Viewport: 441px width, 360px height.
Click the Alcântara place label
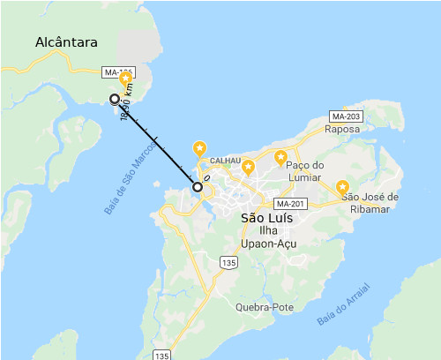pos(66,42)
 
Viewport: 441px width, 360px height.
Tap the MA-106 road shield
pos(119,72)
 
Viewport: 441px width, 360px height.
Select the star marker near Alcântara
pos(126,82)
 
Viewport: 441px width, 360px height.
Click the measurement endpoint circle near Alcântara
pos(114,99)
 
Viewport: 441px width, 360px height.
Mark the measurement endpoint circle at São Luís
pos(198,187)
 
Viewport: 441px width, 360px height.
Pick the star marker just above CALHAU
pos(200,148)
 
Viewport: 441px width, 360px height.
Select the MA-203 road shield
pos(346,116)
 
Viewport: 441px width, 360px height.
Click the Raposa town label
pos(341,129)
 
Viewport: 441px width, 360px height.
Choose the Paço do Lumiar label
pos(307,171)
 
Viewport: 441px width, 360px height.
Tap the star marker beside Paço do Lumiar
pos(280,159)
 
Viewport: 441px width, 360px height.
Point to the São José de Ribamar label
pos(370,202)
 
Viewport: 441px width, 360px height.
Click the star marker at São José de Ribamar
pos(342,188)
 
